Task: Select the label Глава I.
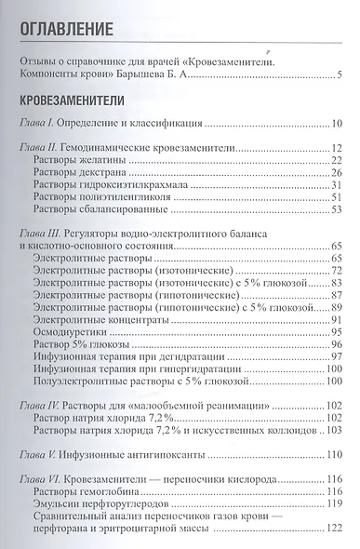click(x=40, y=122)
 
